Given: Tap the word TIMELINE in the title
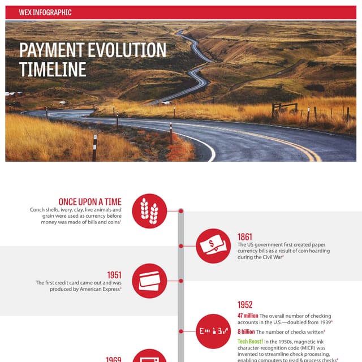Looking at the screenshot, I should point(53,69).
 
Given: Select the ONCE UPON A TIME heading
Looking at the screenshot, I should point(89,202).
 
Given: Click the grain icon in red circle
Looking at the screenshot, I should point(149,211).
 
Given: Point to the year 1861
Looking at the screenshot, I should point(245,237).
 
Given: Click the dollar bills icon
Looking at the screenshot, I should point(213,245).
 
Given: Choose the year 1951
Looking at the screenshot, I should point(114,275).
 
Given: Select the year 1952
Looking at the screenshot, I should point(245,305).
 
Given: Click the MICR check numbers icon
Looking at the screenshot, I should point(213,331).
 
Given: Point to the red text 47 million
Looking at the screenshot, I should point(248,316).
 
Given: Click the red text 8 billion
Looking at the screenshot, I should point(246,332).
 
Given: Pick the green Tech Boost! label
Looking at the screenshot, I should point(251,342).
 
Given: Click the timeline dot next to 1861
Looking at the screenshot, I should point(181,246).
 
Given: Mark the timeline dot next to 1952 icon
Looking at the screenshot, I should point(181,331).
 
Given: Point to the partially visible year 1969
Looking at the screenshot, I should point(114,359).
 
